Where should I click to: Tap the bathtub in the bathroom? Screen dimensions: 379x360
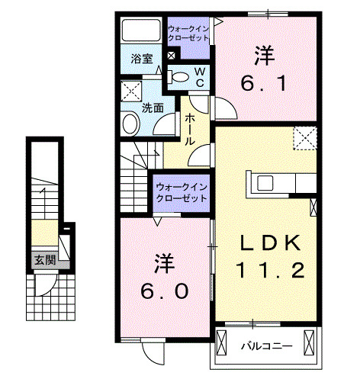[x=142, y=32]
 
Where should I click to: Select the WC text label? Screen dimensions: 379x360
[x=198, y=76]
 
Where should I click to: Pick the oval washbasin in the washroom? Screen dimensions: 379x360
[x=131, y=124]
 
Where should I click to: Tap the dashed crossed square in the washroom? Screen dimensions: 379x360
[x=128, y=89]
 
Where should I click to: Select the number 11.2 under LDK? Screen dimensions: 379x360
[x=271, y=271]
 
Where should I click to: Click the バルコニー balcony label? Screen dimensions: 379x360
[x=266, y=346]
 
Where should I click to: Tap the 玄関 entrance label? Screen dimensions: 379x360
[x=44, y=260]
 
